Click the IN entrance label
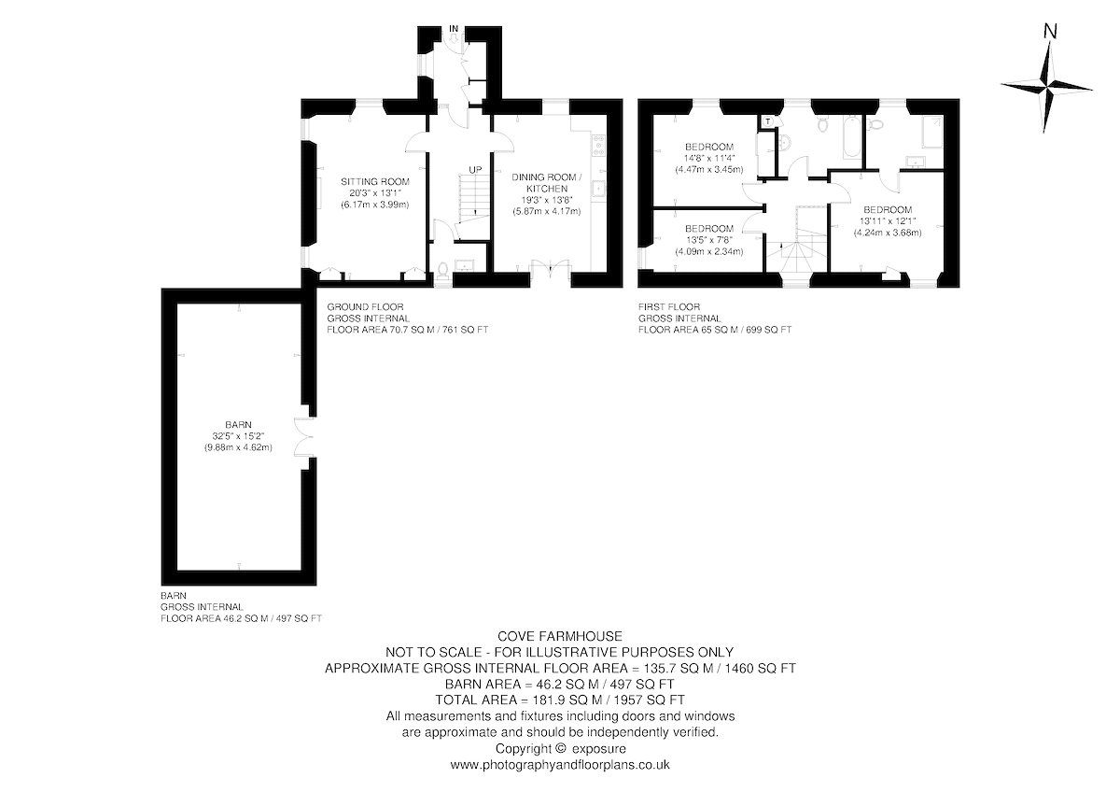pyautogui.click(x=454, y=29)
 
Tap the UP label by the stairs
pyautogui.click(x=475, y=170)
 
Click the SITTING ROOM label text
pyautogui.click(x=375, y=181)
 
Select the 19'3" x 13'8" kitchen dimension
pyautogui.click(x=547, y=200)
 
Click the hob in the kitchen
pyautogui.click(x=598, y=145)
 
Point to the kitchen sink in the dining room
pyautogui.click(x=598, y=189)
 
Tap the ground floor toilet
pyautogui.click(x=442, y=271)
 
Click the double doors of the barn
pyautogui.click(x=304, y=437)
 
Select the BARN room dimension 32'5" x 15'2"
pyautogui.click(x=238, y=436)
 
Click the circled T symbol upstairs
pyautogui.click(x=768, y=121)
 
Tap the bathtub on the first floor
pyautogui.click(x=852, y=136)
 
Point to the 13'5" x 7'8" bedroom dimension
pyautogui.click(x=709, y=240)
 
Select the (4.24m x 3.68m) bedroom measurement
pyautogui.click(x=887, y=233)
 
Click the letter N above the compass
pyautogui.click(x=1051, y=32)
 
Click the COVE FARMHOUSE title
pyautogui.click(x=560, y=636)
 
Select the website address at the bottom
pyautogui.click(x=560, y=765)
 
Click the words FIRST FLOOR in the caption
pyautogui.click(x=669, y=306)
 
